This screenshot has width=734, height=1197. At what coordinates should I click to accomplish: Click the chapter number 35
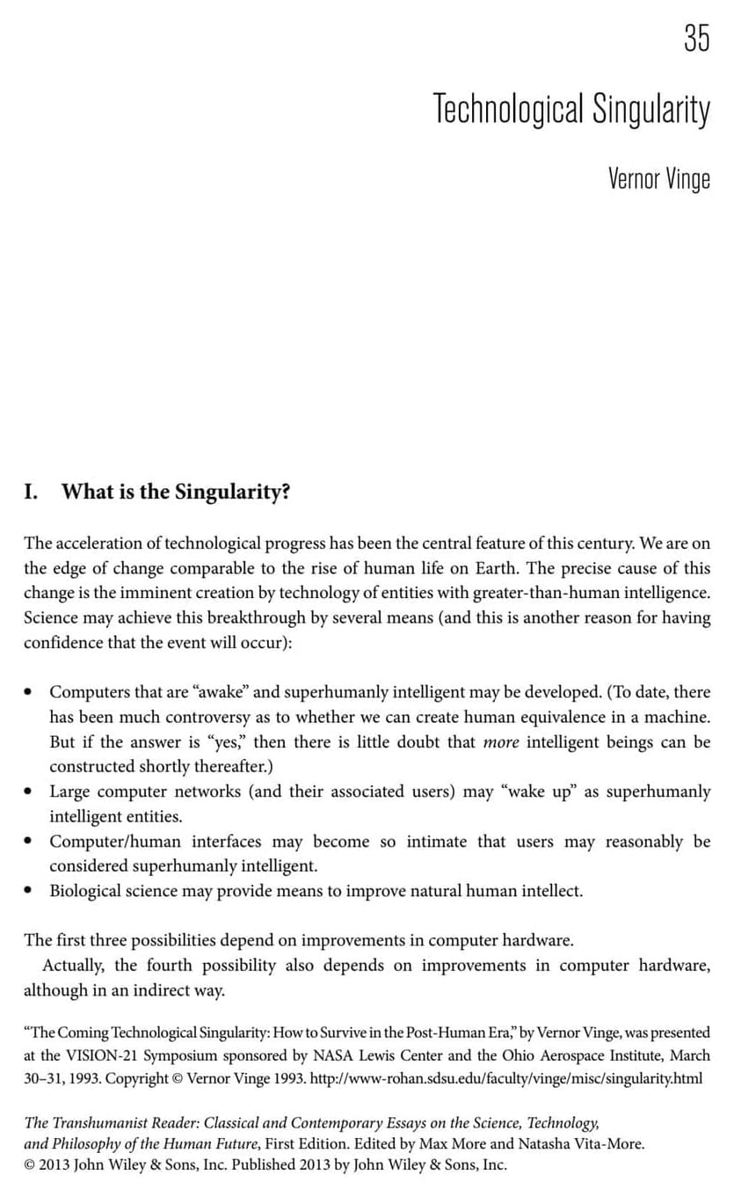(x=695, y=38)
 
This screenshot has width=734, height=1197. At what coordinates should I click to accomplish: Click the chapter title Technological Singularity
(x=570, y=110)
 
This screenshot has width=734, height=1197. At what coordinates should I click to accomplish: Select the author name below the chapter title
(x=658, y=179)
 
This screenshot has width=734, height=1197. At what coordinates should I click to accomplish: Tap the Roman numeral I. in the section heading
(x=31, y=492)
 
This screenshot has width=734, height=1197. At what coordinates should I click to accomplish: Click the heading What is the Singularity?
(x=175, y=492)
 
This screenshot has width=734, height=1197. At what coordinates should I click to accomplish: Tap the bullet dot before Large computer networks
(x=30, y=792)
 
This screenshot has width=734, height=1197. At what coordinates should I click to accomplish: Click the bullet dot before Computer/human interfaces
(x=30, y=842)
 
